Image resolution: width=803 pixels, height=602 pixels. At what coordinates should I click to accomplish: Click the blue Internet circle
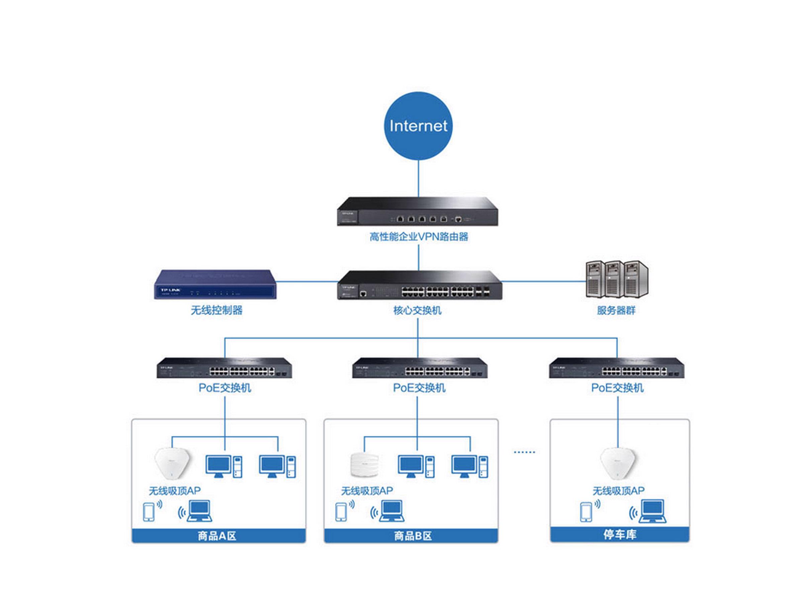[x=418, y=125]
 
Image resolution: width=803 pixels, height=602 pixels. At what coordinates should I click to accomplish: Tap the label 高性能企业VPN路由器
[x=419, y=237]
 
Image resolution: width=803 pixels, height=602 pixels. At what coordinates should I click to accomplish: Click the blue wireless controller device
[x=215, y=285]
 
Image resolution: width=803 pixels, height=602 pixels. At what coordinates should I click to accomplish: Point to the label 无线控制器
[x=216, y=310]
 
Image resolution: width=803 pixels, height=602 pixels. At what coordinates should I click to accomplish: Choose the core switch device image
[x=419, y=286]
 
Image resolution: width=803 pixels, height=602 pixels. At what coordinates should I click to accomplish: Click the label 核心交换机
[x=418, y=310]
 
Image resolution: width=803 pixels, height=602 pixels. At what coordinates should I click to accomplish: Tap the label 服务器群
[x=616, y=310]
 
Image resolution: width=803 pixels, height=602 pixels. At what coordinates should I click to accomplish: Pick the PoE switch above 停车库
[x=616, y=368]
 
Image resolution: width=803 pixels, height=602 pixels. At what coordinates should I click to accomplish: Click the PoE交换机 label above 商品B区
[x=419, y=388]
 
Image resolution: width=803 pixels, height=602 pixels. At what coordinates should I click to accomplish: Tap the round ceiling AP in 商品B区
[x=364, y=465]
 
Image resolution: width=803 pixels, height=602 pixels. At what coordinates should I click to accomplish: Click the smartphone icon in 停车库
[x=586, y=512]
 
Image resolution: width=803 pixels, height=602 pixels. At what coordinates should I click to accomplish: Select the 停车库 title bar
[x=620, y=534]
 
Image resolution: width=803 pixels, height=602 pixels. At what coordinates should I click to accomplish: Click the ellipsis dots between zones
[x=524, y=452]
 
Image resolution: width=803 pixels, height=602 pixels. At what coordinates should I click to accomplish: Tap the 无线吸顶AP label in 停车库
[x=618, y=491]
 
